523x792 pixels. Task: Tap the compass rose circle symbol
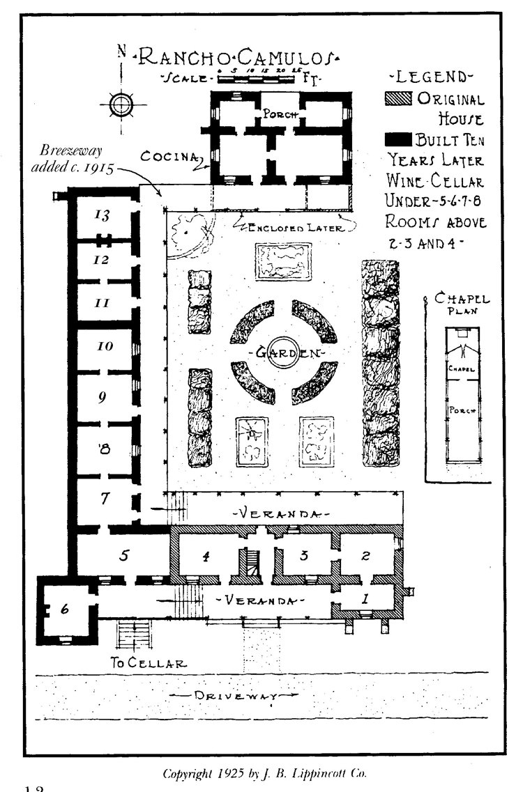coord(122,104)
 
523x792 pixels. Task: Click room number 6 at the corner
coord(65,609)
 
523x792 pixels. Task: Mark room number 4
coord(206,556)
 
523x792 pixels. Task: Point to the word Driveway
coord(240,696)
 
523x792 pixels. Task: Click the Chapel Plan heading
coord(462,304)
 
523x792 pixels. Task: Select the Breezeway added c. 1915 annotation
coord(76,160)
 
